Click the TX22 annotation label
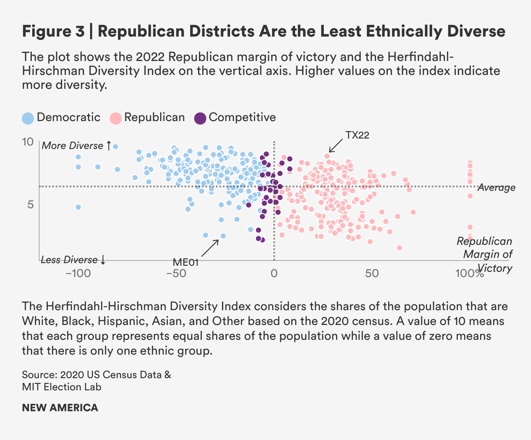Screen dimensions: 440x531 coord(357,135)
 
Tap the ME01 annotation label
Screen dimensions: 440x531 coord(185,262)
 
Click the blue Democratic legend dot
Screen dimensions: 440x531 coord(28,118)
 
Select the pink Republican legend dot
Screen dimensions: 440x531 coord(115,118)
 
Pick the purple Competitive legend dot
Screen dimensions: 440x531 coord(200,118)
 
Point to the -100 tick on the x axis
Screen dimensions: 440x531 coord(77,274)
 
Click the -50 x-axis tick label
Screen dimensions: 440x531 coord(176,274)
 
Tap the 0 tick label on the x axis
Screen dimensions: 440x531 coord(274,274)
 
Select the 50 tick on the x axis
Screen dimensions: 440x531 coord(372,274)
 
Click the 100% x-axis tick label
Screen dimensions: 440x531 coord(470,274)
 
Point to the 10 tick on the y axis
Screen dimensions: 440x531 coord(27,142)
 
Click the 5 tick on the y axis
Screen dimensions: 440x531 coord(30,204)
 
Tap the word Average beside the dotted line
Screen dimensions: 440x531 coord(496,188)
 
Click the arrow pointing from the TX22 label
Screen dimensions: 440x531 coord(336,146)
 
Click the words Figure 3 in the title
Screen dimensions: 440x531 coord(53,32)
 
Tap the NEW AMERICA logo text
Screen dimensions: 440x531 coord(60,408)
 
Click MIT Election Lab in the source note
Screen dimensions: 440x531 coord(61,387)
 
